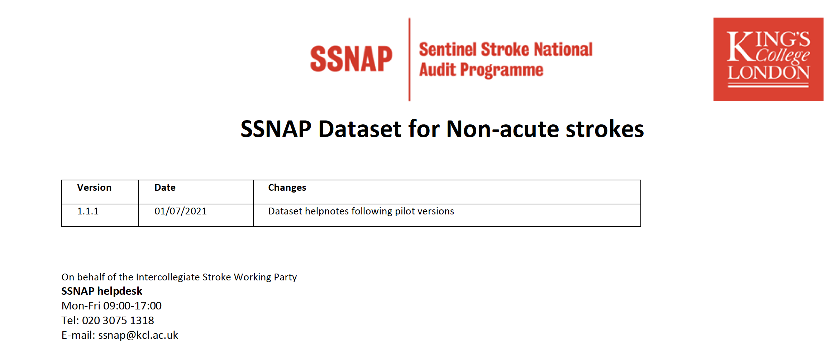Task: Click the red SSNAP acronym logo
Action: point(351,59)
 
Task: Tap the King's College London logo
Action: point(768,59)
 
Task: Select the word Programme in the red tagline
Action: point(502,70)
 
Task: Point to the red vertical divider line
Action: point(409,60)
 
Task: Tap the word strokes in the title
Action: point(605,129)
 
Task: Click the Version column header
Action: point(94,188)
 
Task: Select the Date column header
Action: point(165,188)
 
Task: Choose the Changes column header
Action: point(287,188)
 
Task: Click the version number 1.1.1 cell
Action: point(88,211)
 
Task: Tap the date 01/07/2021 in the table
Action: point(181,211)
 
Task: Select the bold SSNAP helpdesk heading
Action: point(102,291)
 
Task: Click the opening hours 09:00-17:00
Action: point(132,306)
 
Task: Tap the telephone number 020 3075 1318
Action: point(118,321)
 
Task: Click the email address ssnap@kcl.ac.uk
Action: point(138,335)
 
